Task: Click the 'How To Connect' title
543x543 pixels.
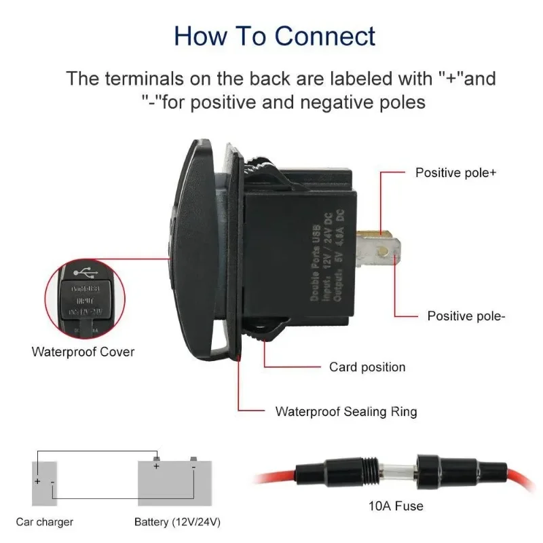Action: coord(274,35)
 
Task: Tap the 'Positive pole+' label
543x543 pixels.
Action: coord(455,172)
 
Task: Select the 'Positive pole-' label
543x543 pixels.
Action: coord(466,316)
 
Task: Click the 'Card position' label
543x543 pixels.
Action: coord(367,367)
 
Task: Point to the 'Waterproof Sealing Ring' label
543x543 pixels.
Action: coord(345,411)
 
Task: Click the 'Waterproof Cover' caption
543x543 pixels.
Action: coord(83,352)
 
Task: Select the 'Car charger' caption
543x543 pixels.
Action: coord(45,522)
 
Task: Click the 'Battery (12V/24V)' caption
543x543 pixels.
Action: coord(177,522)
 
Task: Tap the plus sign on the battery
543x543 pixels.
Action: coord(157,467)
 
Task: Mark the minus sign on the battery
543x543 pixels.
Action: coord(193,467)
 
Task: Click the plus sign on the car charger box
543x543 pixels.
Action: coord(37,481)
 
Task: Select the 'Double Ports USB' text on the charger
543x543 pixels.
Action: coord(315,259)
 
